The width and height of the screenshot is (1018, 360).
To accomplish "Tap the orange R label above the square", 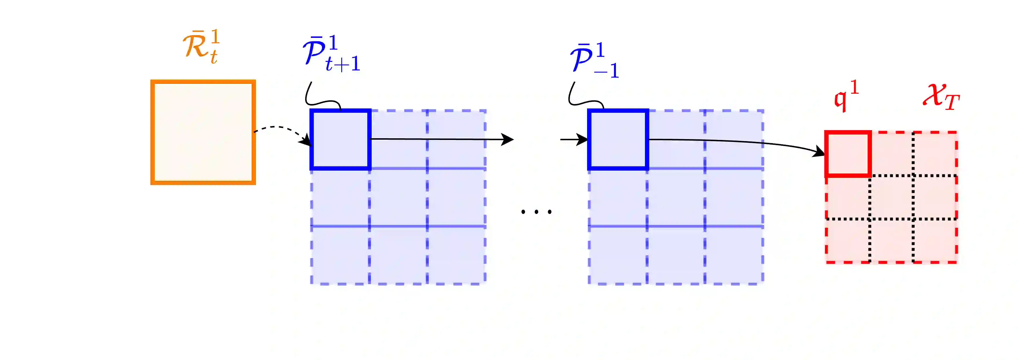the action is tap(201, 47).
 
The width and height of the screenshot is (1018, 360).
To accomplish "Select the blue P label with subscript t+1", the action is tap(331, 54).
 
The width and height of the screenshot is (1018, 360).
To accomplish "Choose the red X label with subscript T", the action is tap(940, 97).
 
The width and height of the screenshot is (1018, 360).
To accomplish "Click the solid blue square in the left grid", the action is tap(340, 139).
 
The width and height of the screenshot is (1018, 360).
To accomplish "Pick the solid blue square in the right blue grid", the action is tap(618, 139).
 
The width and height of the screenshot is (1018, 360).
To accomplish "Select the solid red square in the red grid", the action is tap(848, 154).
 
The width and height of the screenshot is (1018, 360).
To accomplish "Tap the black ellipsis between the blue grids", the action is tap(536, 212).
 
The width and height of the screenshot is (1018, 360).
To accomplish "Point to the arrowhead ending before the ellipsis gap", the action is tap(508, 139).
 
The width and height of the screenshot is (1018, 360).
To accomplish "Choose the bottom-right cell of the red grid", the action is tap(935, 240).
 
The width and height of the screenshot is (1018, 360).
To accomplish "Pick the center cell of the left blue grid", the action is tap(398, 197).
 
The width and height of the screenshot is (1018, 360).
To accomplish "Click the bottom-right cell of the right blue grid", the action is tap(734, 255).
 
